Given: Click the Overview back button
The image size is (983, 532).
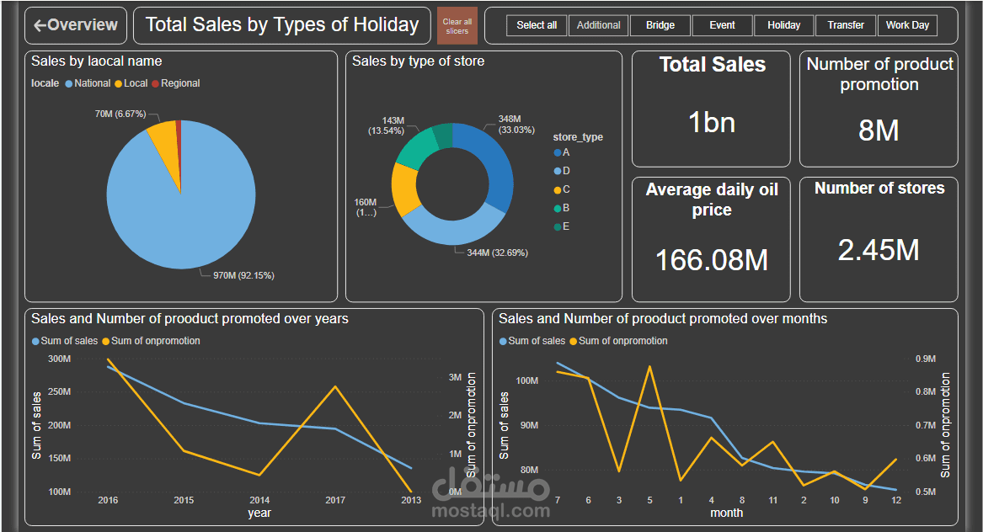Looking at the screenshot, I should (76, 25).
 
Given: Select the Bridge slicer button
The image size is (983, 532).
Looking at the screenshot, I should (660, 25).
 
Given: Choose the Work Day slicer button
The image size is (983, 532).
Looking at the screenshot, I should (907, 25).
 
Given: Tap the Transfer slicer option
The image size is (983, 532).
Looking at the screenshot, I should (846, 25).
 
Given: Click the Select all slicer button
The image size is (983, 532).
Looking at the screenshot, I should (537, 25).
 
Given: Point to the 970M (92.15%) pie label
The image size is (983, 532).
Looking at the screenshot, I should (243, 275).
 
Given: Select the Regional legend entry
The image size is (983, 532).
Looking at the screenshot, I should (180, 83).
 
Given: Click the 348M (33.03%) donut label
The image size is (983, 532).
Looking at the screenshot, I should (509, 125).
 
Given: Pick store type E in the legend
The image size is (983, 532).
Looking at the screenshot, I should (566, 226).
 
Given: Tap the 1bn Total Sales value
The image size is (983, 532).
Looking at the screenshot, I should (712, 123).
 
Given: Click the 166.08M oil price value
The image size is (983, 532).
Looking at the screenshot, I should (712, 260).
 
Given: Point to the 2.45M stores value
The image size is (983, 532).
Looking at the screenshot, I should (879, 250).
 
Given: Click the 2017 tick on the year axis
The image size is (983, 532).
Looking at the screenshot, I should (335, 500).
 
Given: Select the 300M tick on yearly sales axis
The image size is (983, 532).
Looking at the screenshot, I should (59, 359).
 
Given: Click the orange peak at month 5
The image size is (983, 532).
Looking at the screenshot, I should (649, 366).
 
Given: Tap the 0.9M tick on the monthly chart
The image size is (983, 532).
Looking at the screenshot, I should (926, 359).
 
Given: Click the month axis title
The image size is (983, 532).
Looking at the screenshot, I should (726, 513).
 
